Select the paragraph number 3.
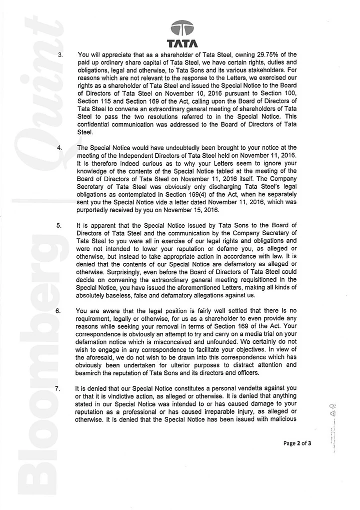[x=60, y=55]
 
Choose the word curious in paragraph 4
[x=149, y=163]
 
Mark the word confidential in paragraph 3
[x=96, y=125]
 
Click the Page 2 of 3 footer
[x=297, y=443]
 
